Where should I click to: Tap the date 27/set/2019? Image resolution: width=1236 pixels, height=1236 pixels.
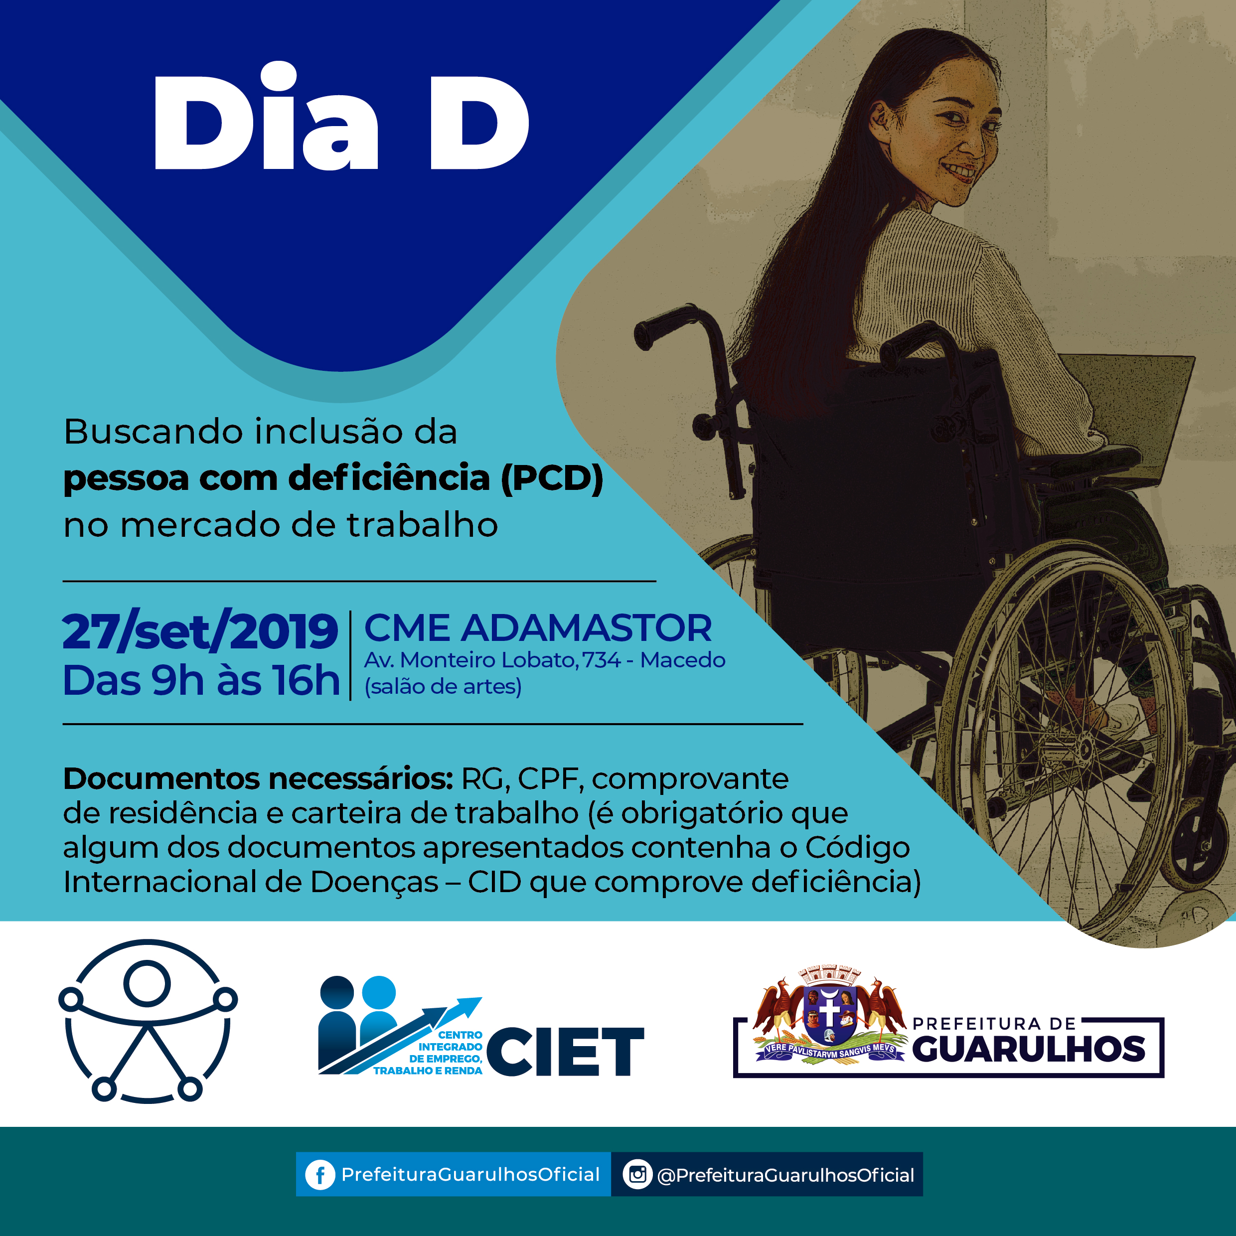point(199,631)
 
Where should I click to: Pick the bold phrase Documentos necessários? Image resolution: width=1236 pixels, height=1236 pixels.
point(258,779)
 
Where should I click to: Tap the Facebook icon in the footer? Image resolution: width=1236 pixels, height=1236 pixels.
point(320,1175)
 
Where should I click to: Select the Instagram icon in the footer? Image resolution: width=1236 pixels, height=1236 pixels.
point(637,1175)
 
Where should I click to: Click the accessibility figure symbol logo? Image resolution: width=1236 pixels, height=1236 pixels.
point(148,1022)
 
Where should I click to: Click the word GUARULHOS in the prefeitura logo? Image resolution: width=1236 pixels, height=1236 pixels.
point(1029,1049)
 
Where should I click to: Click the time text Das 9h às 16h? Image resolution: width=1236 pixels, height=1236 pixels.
point(201,680)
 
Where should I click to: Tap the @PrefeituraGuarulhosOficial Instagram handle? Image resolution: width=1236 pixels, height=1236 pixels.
point(785,1175)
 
